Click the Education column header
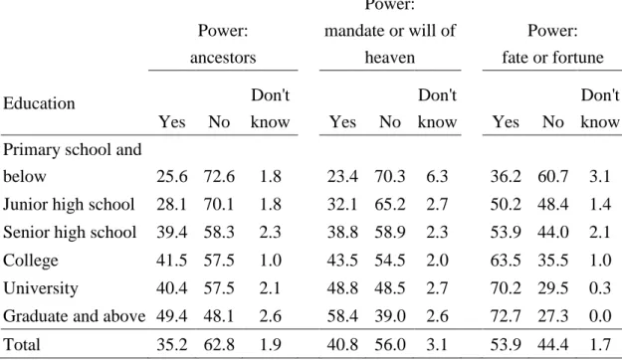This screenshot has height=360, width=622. [x=39, y=103]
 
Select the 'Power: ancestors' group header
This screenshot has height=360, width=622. [x=223, y=44]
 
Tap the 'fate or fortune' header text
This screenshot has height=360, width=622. [x=552, y=58]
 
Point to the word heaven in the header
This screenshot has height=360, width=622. [x=390, y=58]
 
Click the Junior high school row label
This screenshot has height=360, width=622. [x=69, y=205]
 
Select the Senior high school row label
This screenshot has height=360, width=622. [x=70, y=233]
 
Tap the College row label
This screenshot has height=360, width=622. [x=31, y=261]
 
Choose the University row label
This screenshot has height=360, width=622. [x=41, y=288]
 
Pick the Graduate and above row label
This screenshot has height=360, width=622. [x=75, y=316]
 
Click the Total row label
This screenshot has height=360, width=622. [x=22, y=344]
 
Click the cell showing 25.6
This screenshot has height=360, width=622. [x=172, y=176]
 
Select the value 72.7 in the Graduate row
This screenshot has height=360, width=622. [x=506, y=316]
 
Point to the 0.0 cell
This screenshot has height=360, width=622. [x=600, y=316]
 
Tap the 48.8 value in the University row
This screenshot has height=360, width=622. [x=342, y=288]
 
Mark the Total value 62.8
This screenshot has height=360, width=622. [x=219, y=344]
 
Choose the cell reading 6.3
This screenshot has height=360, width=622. [x=437, y=176]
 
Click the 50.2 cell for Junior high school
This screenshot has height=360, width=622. [x=506, y=205]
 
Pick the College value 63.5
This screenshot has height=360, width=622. [x=506, y=261]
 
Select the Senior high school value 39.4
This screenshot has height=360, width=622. [x=172, y=233]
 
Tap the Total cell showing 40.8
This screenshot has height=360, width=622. [x=342, y=344]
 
